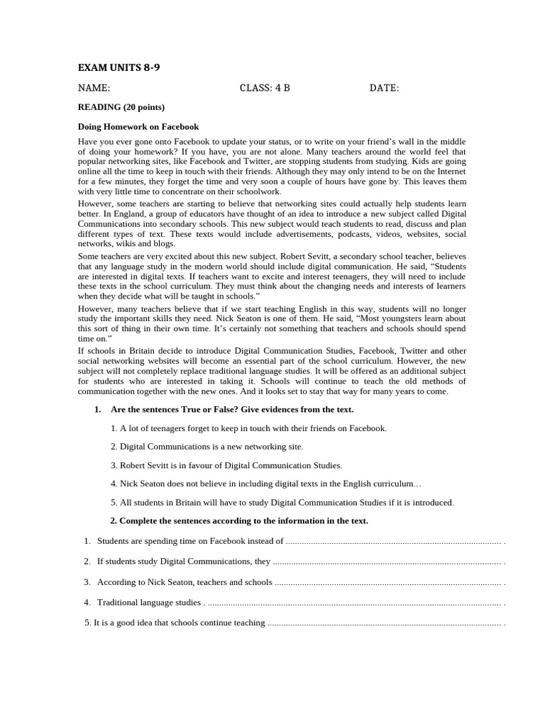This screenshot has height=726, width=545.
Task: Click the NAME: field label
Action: pos(94,89)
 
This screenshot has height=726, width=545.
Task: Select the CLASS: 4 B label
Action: pos(265,89)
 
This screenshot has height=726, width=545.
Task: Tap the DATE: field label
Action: pos(384,89)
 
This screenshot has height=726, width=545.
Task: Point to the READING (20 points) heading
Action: pos(121,107)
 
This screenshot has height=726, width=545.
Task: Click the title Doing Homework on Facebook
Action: pos(138,127)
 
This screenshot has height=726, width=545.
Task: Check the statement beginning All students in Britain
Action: pos(282,502)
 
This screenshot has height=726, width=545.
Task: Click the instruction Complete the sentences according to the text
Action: pos(243,520)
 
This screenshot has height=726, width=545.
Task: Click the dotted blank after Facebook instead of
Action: pos(394,541)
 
